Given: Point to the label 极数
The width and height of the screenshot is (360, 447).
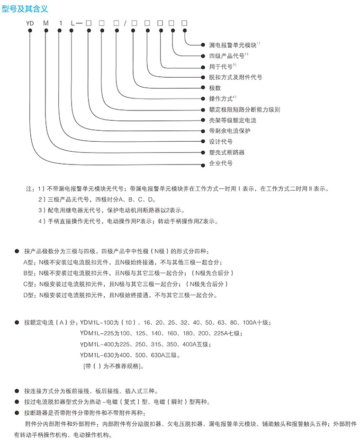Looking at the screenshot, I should coord(215,88).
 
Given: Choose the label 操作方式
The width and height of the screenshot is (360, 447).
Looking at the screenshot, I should coord(221,99).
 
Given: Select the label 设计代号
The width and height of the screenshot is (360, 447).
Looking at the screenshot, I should coord(221,142).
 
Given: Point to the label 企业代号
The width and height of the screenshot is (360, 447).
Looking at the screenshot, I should coord(221,163).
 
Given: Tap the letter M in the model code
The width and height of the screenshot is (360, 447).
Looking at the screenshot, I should coord(45,23).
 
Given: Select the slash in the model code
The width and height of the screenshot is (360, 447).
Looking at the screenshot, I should coord(125,23).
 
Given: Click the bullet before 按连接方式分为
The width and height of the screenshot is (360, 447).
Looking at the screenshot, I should coord(17,392).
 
